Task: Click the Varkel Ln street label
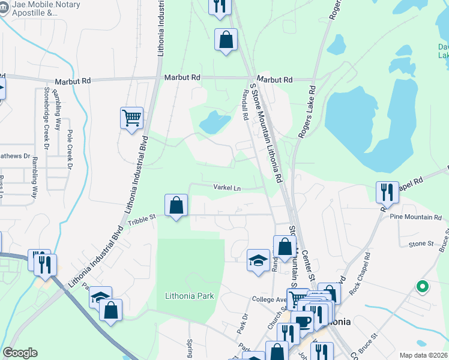click(x=226, y=188)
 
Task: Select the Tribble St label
click(x=140, y=222)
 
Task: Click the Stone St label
click(x=421, y=244)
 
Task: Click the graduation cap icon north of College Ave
click(x=258, y=260)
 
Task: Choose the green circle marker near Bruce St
click(x=422, y=287)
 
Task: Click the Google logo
click(x=20, y=353)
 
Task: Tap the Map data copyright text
click(x=423, y=355)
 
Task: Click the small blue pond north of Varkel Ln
click(x=214, y=122)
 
